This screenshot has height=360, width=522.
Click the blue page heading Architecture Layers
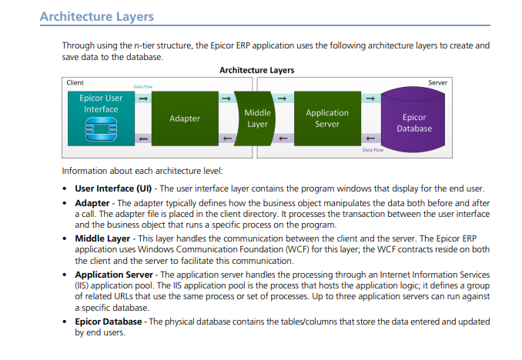point(97,17)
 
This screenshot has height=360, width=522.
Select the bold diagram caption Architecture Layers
point(256,70)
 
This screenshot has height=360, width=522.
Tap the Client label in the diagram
point(75,82)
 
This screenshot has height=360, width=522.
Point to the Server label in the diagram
point(438,82)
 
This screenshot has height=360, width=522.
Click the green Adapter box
point(185,118)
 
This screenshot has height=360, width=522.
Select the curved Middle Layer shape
point(256,118)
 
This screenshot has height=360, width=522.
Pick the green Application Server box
point(327,118)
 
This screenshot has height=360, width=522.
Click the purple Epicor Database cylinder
point(413,120)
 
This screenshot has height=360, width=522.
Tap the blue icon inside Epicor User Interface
point(101,129)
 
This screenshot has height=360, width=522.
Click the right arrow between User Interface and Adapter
point(143,98)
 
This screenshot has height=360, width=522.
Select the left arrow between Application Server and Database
point(370,138)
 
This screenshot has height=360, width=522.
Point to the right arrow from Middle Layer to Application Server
point(282,98)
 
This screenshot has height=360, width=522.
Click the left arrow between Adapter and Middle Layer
point(227,138)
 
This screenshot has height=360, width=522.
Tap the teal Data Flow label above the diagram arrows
point(142,87)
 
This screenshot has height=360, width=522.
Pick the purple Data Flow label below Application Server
point(373,150)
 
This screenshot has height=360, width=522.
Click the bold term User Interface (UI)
point(113,188)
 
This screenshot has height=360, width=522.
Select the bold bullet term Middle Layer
point(102,238)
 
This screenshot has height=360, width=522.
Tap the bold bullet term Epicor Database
point(109,322)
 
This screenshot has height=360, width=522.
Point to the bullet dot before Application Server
point(65,275)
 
